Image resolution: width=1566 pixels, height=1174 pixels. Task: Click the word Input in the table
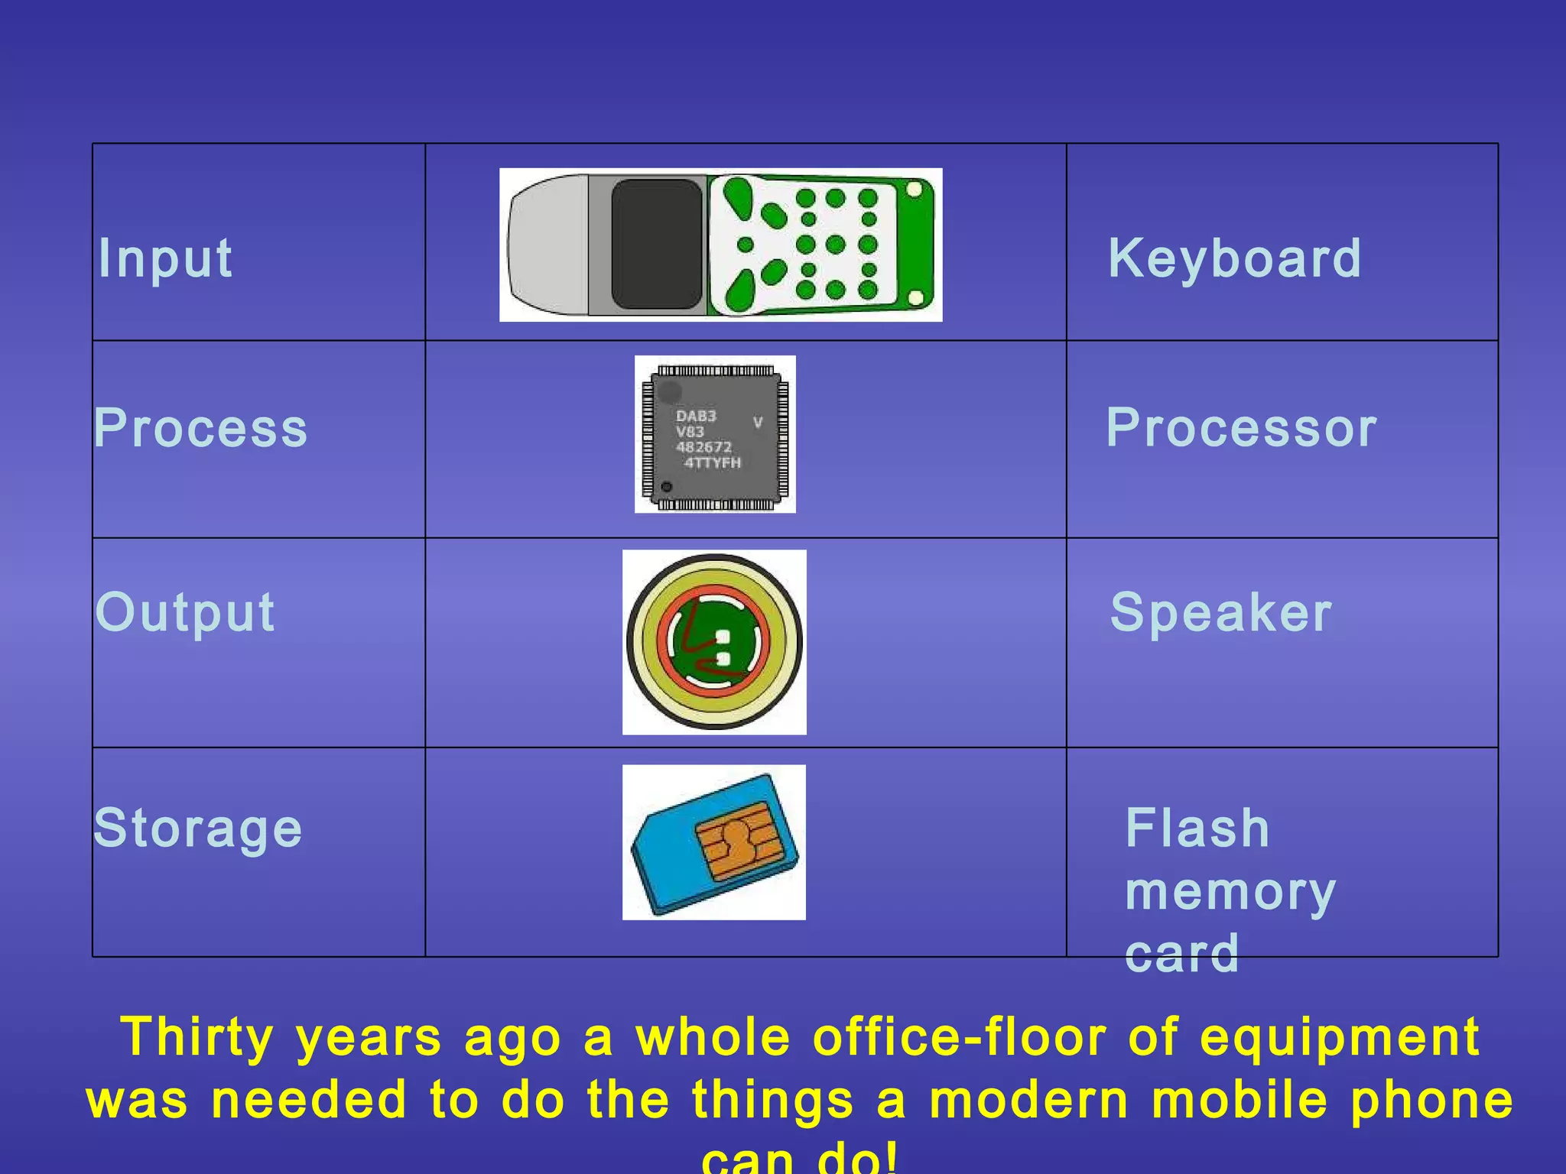(x=165, y=258)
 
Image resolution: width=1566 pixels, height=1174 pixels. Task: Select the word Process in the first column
(x=200, y=428)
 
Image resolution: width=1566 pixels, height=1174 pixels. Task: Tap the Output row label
(x=184, y=612)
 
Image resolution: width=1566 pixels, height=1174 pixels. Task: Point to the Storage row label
(x=197, y=829)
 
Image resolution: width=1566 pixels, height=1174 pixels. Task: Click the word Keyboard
(x=1234, y=258)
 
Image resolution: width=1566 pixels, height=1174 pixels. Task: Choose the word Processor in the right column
(x=1241, y=428)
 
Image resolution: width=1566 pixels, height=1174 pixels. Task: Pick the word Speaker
(x=1220, y=612)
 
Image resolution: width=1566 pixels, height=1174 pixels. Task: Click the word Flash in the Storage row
(x=1197, y=829)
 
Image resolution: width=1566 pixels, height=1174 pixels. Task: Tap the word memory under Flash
(x=1230, y=891)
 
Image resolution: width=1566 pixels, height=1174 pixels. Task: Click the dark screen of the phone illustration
(x=657, y=245)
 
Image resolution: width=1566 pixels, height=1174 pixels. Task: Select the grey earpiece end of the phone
(x=547, y=245)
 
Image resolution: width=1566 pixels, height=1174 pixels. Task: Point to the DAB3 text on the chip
(x=696, y=417)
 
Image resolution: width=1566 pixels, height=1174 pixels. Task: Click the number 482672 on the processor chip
(x=703, y=447)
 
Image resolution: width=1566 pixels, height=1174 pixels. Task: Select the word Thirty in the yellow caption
(x=197, y=1038)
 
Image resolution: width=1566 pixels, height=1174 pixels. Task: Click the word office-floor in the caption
(x=959, y=1038)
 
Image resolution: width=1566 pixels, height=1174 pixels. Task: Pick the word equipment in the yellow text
(x=1339, y=1038)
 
